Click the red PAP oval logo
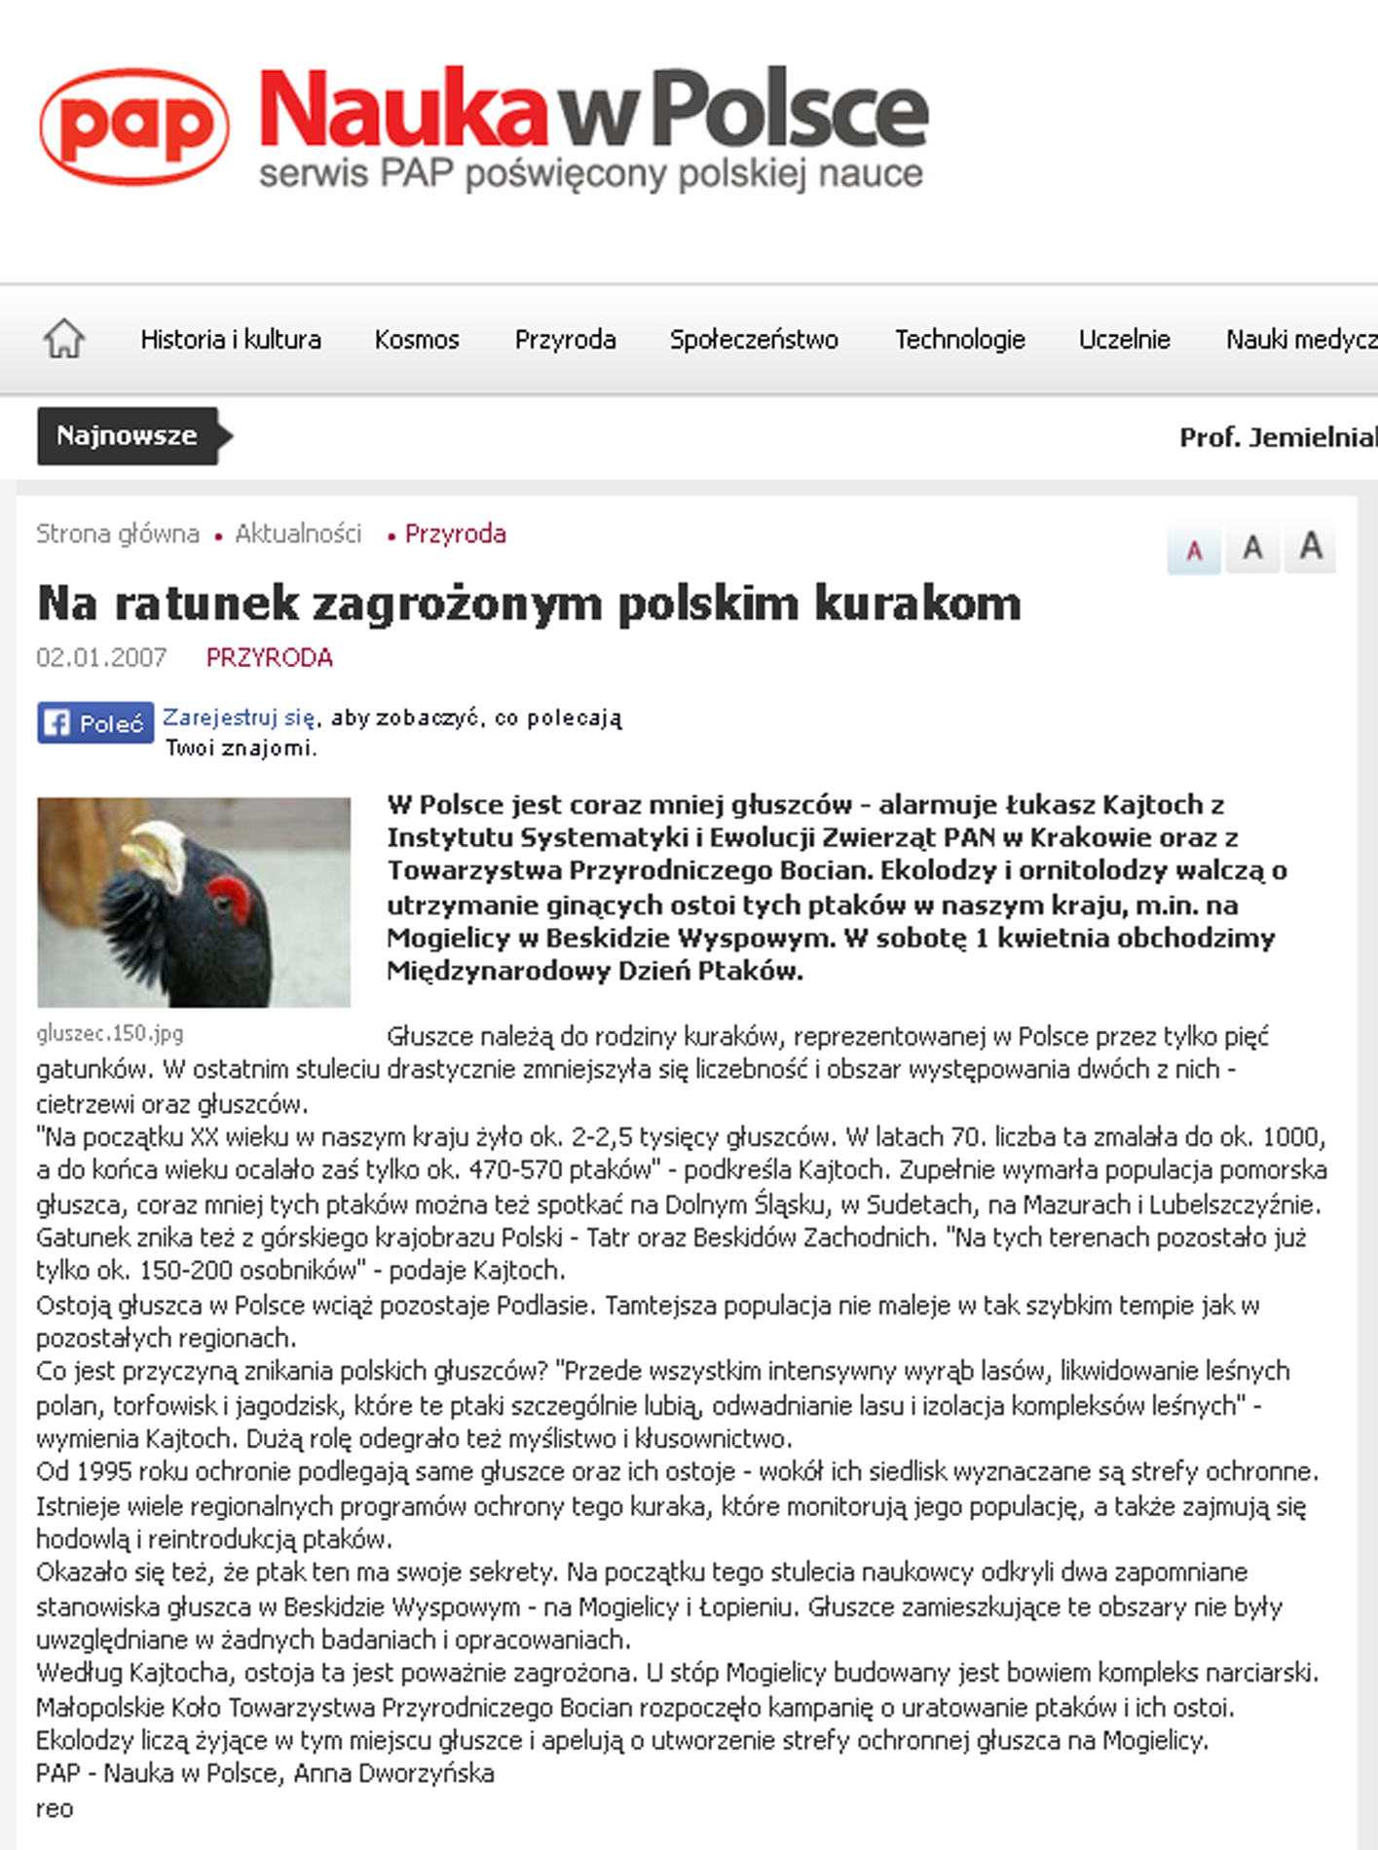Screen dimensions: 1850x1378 click(x=134, y=127)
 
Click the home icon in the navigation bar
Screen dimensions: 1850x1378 click(x=64, y=339)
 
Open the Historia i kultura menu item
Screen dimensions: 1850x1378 click(x=231, y=339)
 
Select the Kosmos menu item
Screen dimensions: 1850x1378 click(x=417, y=339)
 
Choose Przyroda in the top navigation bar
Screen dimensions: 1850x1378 click(x=565, y=339)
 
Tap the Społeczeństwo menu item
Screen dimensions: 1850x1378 click(x=754, y=339)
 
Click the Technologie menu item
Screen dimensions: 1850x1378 click(x=959, y=339)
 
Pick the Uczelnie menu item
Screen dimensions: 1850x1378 click(x=1124, y=339)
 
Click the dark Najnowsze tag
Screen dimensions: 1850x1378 click(x=128, y=435)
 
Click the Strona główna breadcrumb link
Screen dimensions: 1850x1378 click(x=118, y=534)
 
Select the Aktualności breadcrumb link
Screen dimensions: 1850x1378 click(x=298, y=534)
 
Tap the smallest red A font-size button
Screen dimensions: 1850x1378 click(x=1194, y=550)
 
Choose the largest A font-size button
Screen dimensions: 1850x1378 click(x=1310, y=546)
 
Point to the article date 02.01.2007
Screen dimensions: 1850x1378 click(x=101, y=658)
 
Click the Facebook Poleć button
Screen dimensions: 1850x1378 click(x=95, y=722)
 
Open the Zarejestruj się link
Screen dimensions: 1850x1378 click(x=239, y=718)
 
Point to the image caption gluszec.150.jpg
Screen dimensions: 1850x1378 click(x=110, y=1033)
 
